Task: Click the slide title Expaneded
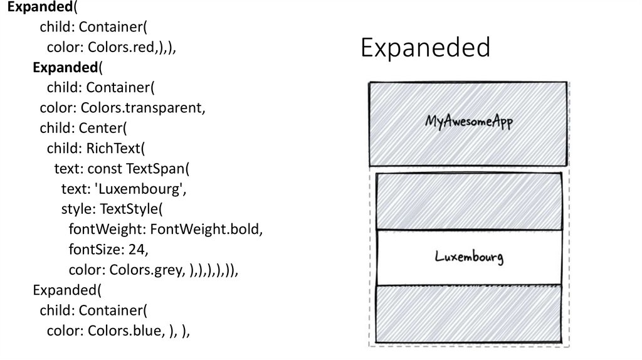click(425, 48)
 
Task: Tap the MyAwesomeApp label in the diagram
click(469, 121)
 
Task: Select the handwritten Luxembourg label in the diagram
click(469, 257)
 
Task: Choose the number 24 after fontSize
click(136, 250)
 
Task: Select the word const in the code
click(105, 169)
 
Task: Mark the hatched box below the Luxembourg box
click(469, 314)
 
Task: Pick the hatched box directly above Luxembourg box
click(469, 201)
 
